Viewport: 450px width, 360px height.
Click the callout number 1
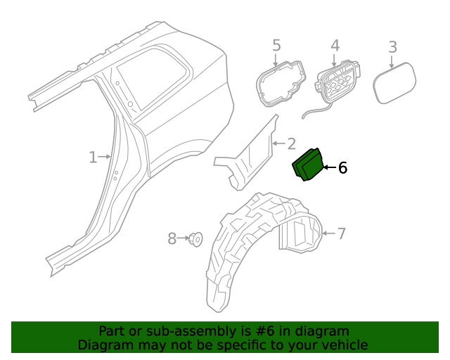pos(93,157)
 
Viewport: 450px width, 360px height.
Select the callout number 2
pos(291,144)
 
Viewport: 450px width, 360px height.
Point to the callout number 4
pos(335,46)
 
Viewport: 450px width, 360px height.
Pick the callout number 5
pos(276,46)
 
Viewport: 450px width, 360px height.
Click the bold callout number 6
pos(342,167)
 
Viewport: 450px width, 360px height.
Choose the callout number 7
pos(342,233)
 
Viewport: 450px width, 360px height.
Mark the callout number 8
pos(172,239)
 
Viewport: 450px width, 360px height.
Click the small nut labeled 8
pos(196,240)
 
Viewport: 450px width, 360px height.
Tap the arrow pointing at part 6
pos(328,167)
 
